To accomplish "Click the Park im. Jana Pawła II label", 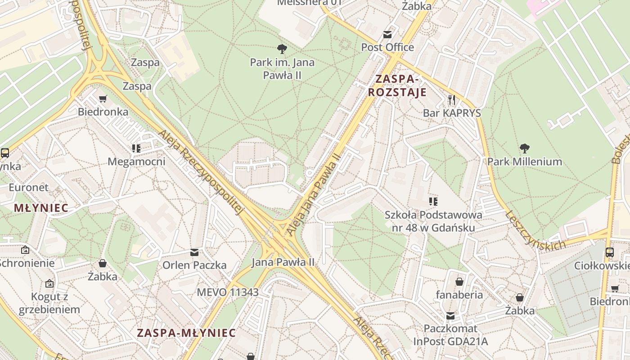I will pyautogui.click(x=282, y=69).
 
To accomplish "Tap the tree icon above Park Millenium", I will pyautogui.click(x=524, y=148).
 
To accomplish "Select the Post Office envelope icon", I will pyautogui.click(x=387, y=35).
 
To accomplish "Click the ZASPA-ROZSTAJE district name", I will pyautogui.click(x=397, y=86).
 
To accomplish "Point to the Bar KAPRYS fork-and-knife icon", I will pyautogui.click(x=452, y=99).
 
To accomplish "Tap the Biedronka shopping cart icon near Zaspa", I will pyautogui.click(x=103, y=99).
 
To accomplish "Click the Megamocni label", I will pyautogui.click(x=136, y=162).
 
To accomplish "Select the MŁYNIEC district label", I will pyautogui.click(x=41, y=208).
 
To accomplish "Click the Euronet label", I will pyautogui.click(x=29, y=187).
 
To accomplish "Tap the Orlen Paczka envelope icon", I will pyautogui.click(x=194, y=252).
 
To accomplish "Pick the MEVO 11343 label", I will pyautogui.click(x=228, y=292).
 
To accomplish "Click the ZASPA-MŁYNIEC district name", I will pyautogui.click(x=186, y=333).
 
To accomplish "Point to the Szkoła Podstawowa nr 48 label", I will pyautogui.click(x=433, y=221).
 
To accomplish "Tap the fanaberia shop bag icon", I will pyautogui.click(x=459, y=282).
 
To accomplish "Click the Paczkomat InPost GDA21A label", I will pyautogui.click(x=450, y=335).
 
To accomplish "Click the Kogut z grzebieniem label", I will pyautogui.click(x=49, y=303).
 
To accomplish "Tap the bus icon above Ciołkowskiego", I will pyautogui.click(x=610, y=252).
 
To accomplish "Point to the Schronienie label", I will pyautogui.click(x=27, y=263).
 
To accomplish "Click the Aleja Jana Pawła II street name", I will pyautogui.click(x=313, y=194).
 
